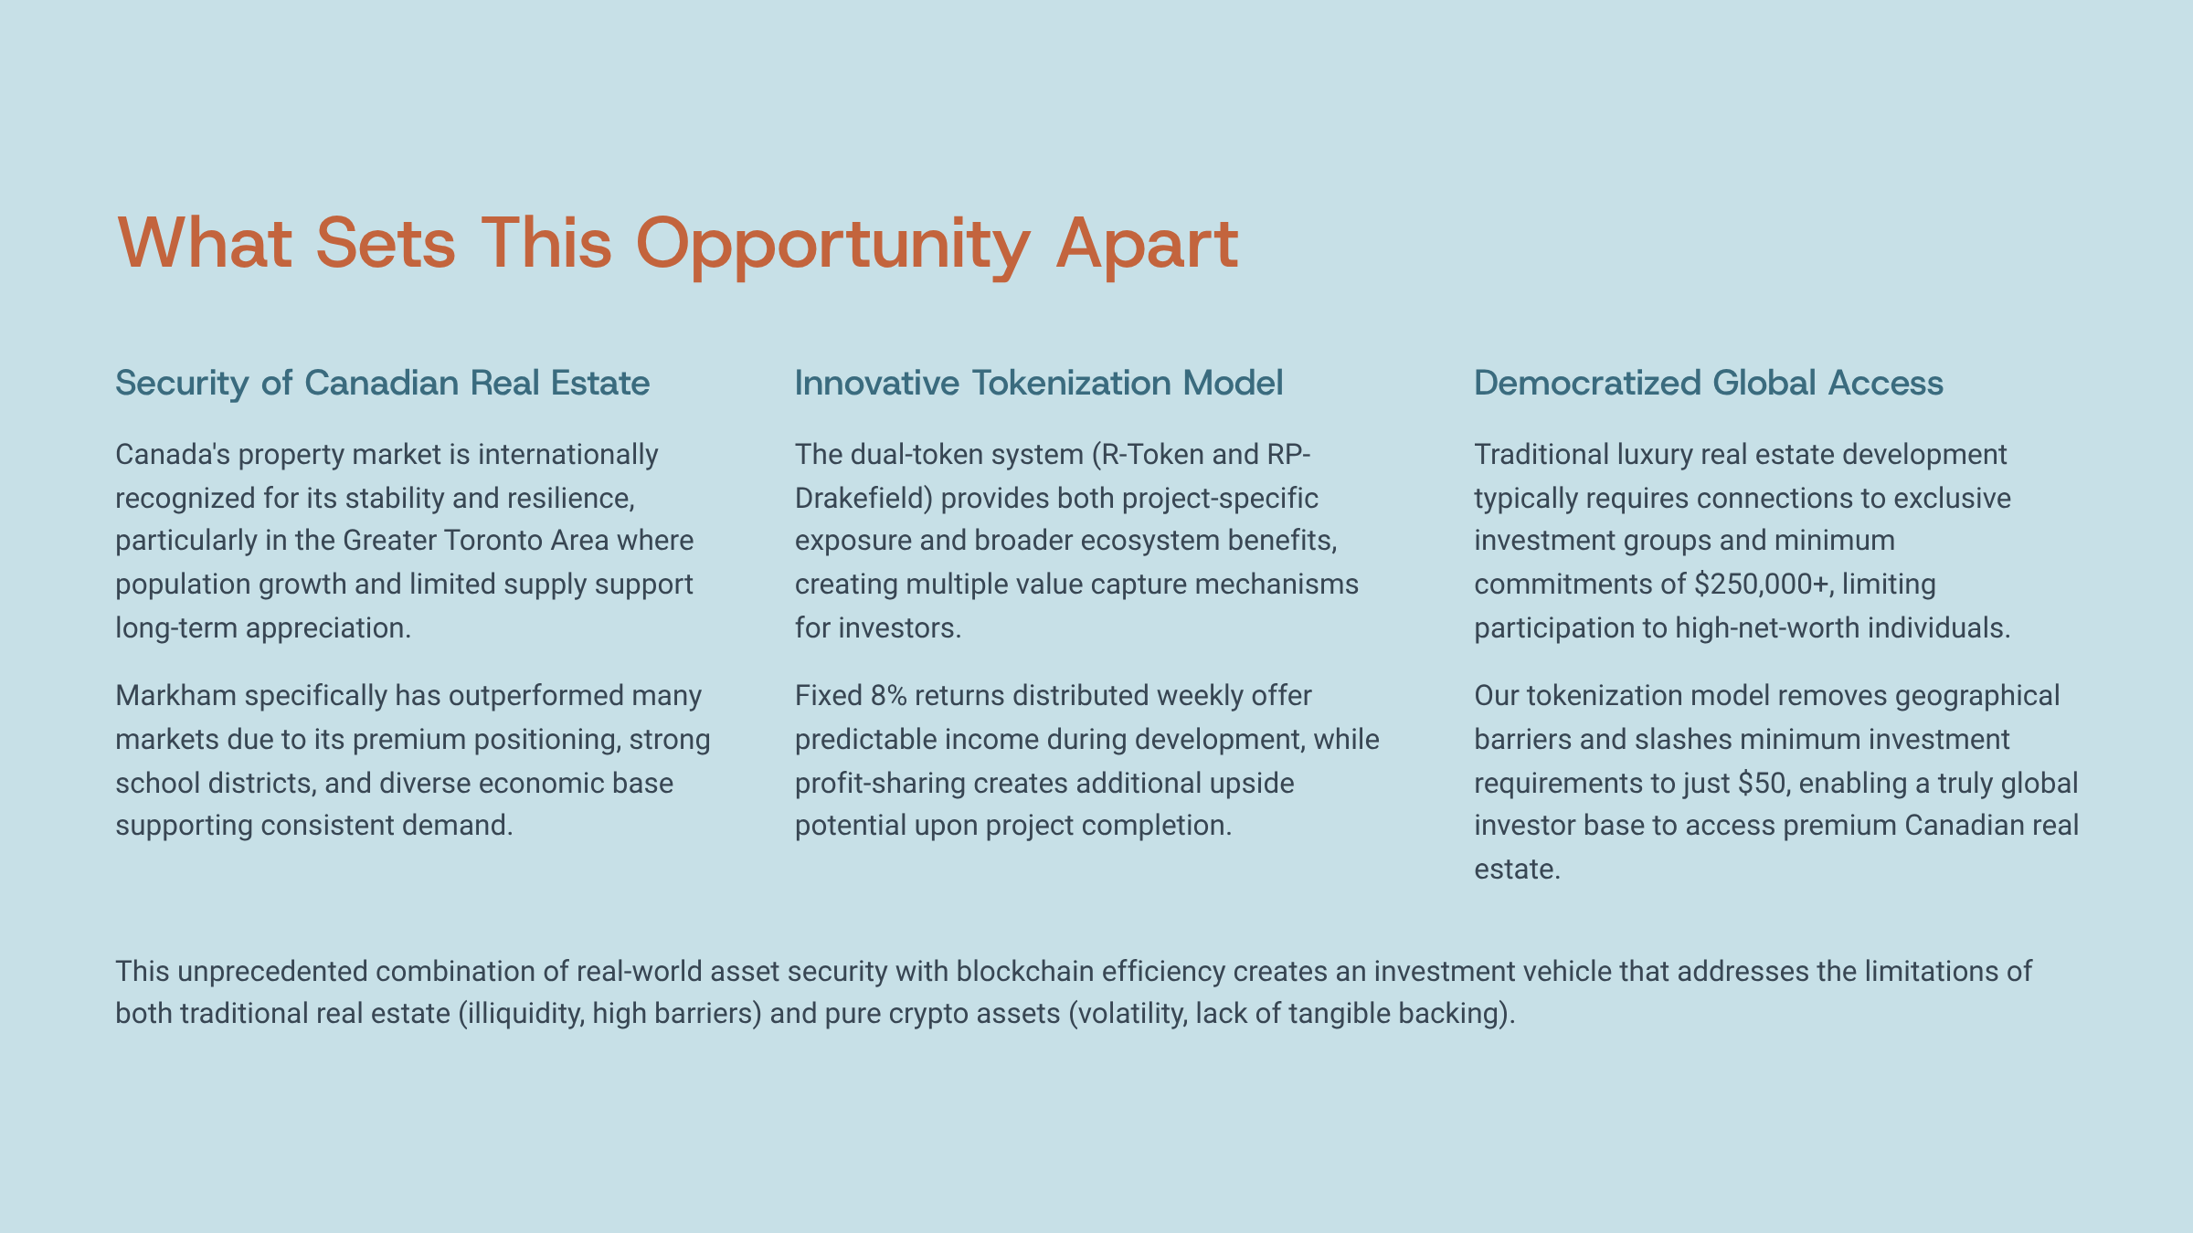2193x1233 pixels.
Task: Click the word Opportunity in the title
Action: pyautogui.click(x=832, y=245)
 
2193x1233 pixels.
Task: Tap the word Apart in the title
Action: pyautogui.click(x=1147, y=245)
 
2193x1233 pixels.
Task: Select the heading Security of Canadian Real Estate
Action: pyautogui.click(x=383, y=383)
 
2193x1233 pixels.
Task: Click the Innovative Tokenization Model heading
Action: pyautogui.click(x=1039, y=383)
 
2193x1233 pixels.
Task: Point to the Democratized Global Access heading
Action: pyautogui.click(x=1709, y=383)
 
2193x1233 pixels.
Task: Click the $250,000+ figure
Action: pyautogui.click(x=1763, y=585)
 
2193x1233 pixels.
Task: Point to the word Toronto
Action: pyautogui.click(x=494, y=541)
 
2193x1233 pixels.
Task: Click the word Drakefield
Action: pyautogui.click(x=863, y=499)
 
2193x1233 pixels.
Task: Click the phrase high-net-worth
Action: pyautogui.click(x=1764, y=628)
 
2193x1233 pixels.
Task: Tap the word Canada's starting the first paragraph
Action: pyautogui.click(x=173, y=455)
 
